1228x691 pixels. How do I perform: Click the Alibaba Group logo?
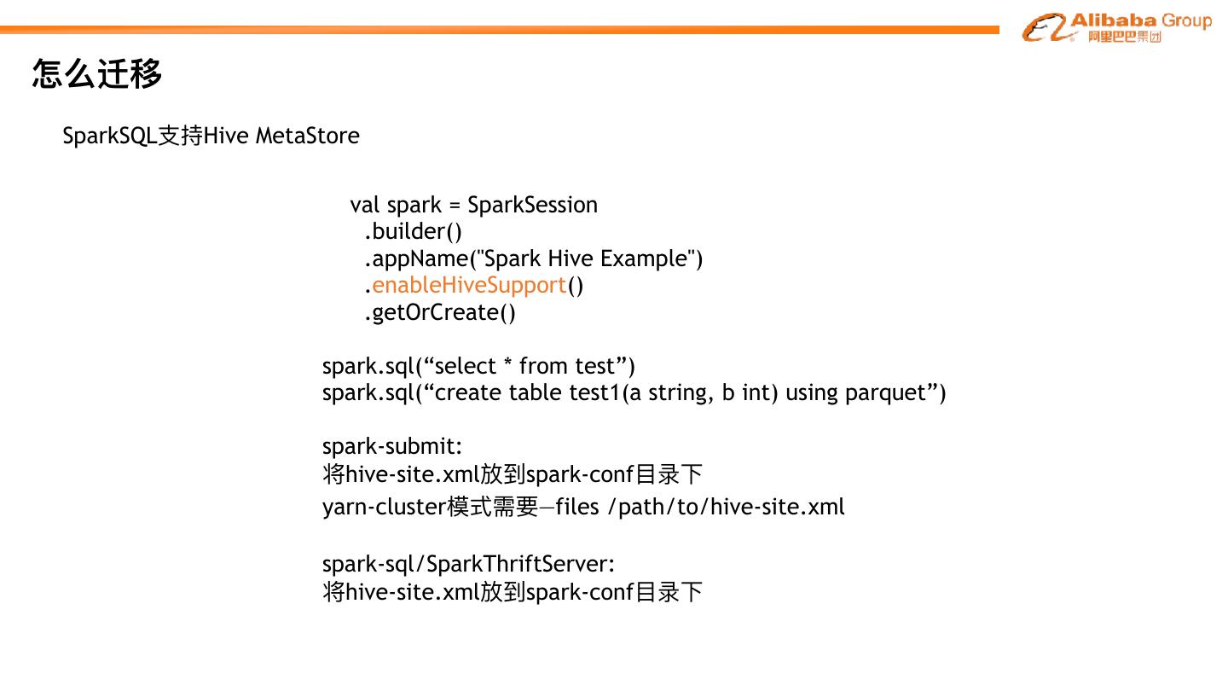[1115, 27]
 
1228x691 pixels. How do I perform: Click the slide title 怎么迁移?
[96, 73]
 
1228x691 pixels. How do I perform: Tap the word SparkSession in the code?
[532, 206]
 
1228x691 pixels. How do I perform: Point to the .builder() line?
[413, 232]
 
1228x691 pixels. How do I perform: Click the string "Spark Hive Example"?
[585, 258]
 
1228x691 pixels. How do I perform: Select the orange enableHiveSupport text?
[469, 285]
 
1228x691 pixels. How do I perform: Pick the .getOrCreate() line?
[440, 313]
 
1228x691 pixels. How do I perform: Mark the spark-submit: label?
[392, 446]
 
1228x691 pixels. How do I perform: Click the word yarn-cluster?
[384, 507]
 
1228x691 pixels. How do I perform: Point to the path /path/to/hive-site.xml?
[726, 507]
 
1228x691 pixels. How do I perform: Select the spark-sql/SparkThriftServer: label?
[468, 564]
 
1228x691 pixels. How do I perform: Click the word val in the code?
[364, 206]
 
